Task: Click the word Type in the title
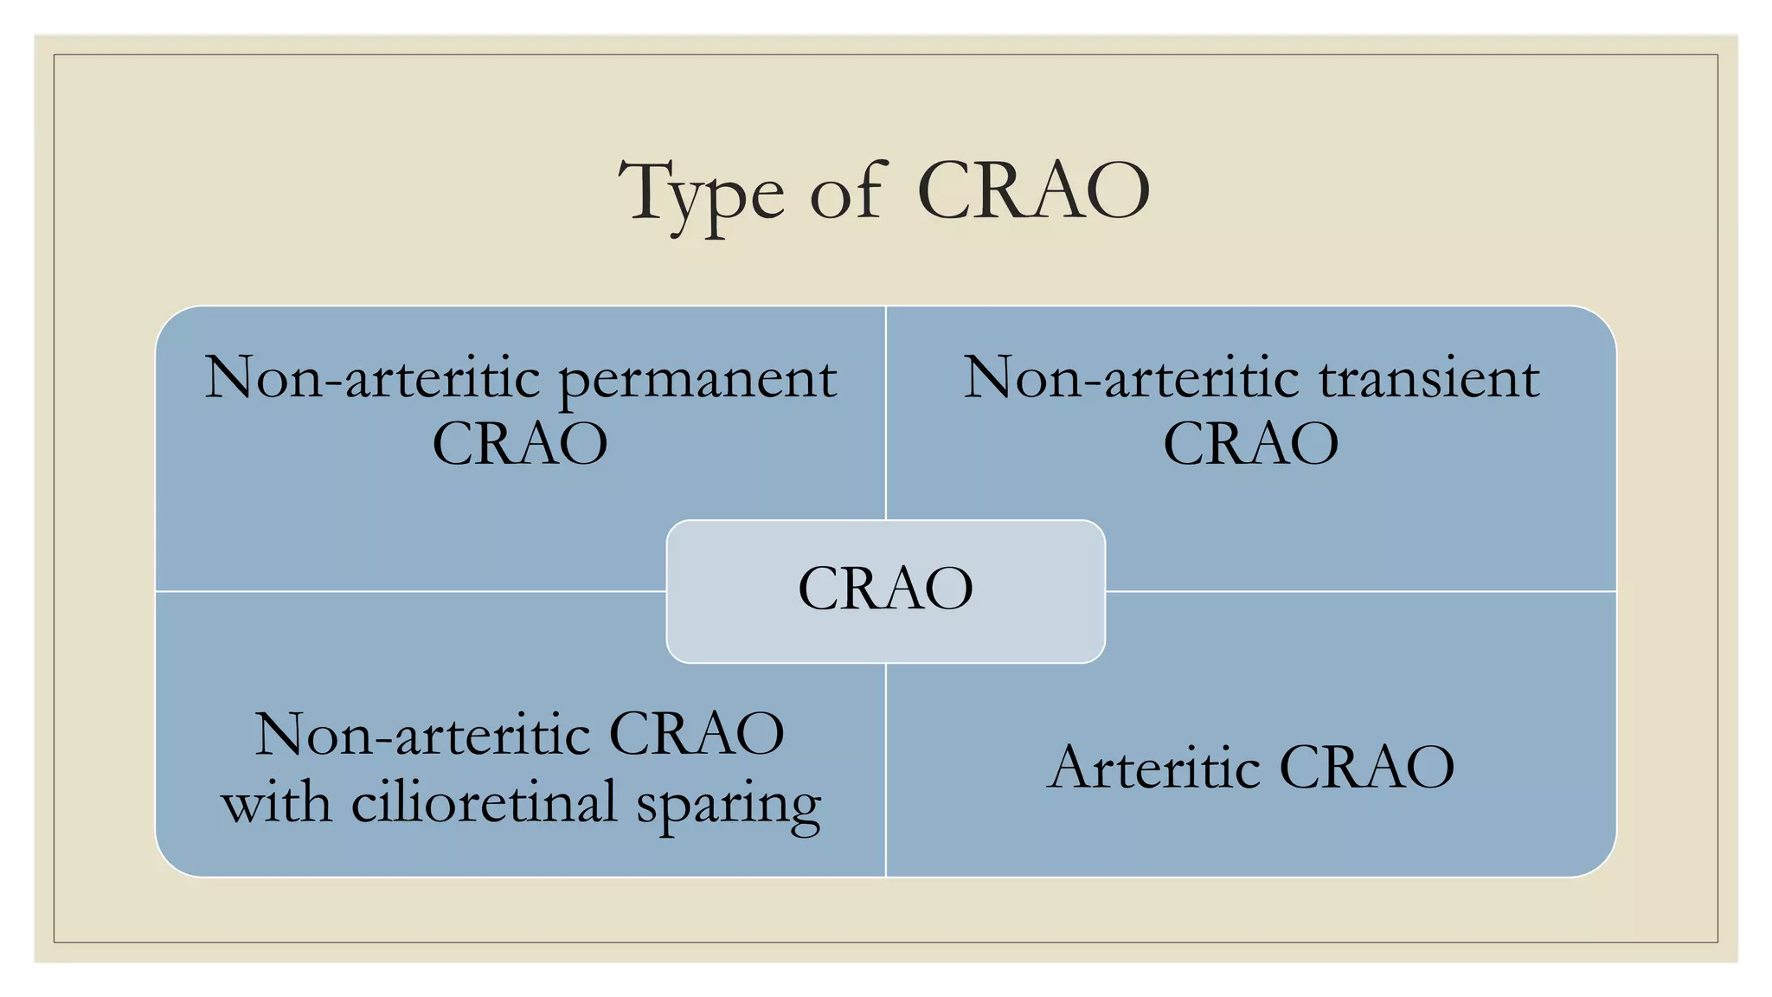pyautogui.click(x=702, y=198)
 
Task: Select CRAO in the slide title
pyautogui.click(x=1033, y=190)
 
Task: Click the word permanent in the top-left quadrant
pyautogui.click(x=698, y=382)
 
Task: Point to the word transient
pyautogui.click(x=1429, y=378)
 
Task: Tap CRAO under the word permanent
pyautogui.click(x=520, y=444)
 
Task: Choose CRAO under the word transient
pyautogui.click(x=1251, y=444)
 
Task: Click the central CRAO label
pyautogui.click(x=886, y=589)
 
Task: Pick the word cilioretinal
pyautogui.click(x=484, y=801)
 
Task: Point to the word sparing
pyautogui.click(x=729, y=806)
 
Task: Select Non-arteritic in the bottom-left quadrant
pyautogui.click(x=422, y=735)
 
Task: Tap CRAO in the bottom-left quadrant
pyautogui.click(x=697, y=735)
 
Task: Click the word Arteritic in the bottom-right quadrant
pyautogui.click(x=1153, y=767)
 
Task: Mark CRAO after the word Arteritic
pyautogui.click(x=1367, y=767)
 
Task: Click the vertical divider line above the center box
pyautogui.click(x=886, y=413)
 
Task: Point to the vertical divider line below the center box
pyautogui.click(x=886, y=770)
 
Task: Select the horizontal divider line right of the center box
pyautogui.click(x=1361, y=592)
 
